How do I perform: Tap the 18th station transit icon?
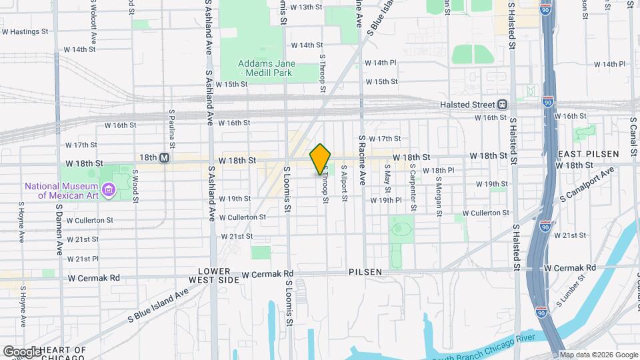click(164, 158)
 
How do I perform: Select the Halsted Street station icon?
click(502, 104)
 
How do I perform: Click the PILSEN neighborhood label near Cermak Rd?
click(365, 272)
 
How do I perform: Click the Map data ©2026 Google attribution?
click(598, 355)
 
